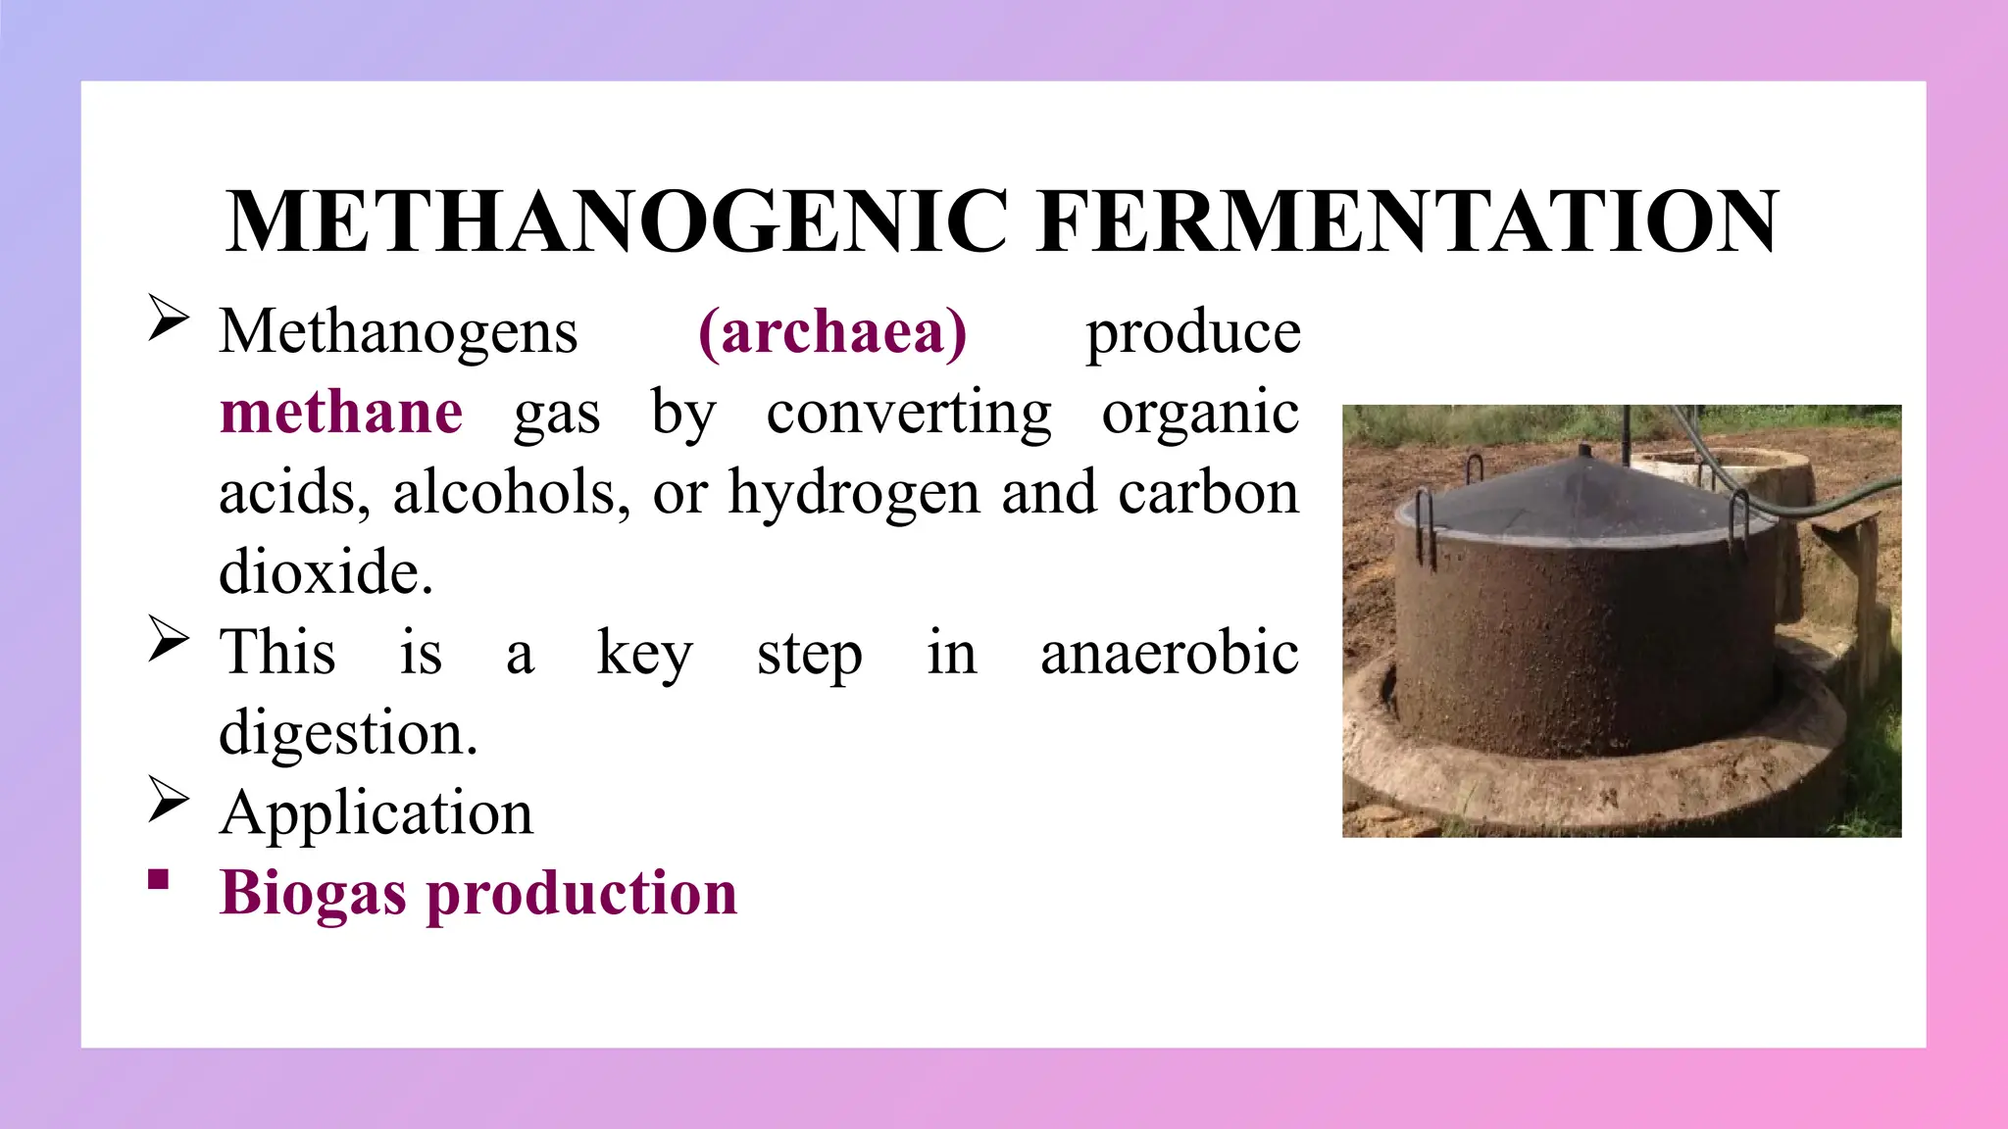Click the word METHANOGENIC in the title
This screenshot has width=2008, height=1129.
[618, 221]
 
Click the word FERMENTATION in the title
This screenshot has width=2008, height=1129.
[1408, 221]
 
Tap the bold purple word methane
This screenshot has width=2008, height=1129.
[341, 412]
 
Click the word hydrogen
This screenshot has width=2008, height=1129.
[853, 493]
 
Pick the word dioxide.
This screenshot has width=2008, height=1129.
[326, 572]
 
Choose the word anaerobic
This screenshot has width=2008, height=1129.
[1170, 653]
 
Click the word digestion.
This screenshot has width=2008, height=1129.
[348, 734]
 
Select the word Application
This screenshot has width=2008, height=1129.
[376, 813]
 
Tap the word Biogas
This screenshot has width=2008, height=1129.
[313, 894]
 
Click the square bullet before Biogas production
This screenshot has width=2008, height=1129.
[159, 879]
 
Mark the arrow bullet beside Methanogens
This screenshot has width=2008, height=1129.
[168, 319]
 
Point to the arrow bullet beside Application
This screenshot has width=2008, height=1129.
[168, 799]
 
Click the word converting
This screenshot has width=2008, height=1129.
[909, 413]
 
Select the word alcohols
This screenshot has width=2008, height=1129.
[511, 492]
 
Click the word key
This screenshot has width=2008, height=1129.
[644, 655]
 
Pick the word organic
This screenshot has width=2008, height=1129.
[1200, 413]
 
